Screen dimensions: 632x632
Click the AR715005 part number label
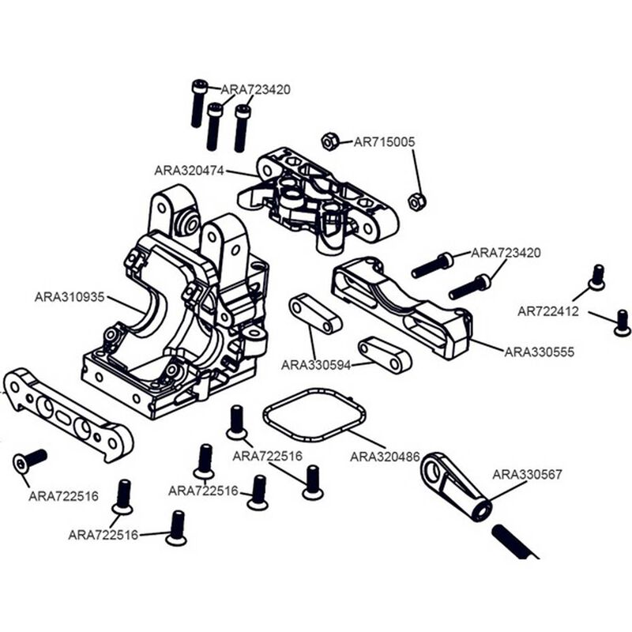point(384,142)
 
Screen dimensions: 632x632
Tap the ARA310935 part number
point(69,298)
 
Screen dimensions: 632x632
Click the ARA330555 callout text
point(539,351)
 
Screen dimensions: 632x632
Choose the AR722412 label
point(548,311)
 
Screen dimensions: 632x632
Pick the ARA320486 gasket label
point(384,457)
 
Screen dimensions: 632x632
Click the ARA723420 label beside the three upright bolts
point(255,89)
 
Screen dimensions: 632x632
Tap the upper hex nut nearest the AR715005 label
point(330,141)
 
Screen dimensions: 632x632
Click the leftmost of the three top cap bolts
point(198,103)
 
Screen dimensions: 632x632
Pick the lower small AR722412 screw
point(622,322)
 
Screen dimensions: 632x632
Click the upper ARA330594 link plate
point(315,314)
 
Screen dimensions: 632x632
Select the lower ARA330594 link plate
point(385,355)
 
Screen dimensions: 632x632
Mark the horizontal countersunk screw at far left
point(30,460)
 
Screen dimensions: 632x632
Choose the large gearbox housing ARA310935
point(182,316)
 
